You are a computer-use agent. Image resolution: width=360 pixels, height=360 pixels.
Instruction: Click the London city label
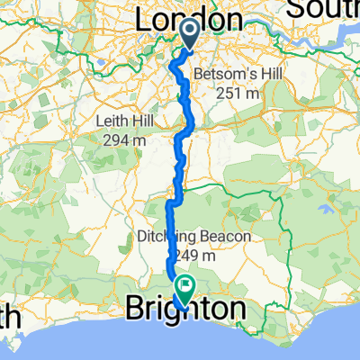[x=189, y=20]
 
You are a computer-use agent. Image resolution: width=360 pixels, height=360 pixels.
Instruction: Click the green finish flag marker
[x=185, y=289]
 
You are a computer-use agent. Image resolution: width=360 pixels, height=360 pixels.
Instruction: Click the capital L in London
[x=144, y=20]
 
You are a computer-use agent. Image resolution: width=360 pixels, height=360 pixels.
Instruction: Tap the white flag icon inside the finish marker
[x=185, y=288]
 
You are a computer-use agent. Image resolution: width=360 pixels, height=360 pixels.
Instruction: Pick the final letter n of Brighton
[x=235, y=310]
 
